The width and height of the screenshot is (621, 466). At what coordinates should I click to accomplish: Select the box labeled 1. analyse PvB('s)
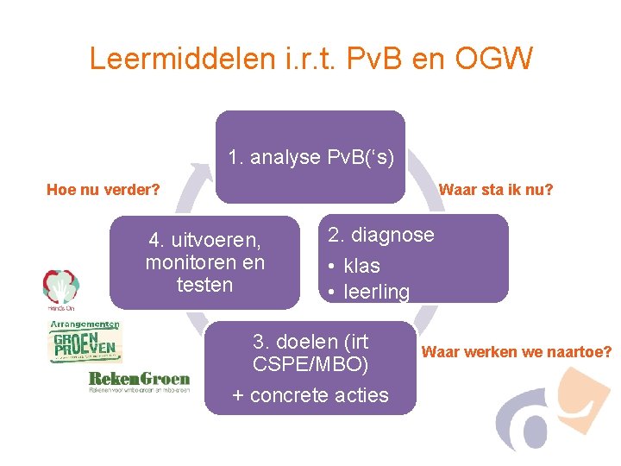point(310,157)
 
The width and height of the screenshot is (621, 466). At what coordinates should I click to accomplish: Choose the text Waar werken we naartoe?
point(516,352)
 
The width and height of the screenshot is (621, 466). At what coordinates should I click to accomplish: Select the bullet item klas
point(361,266)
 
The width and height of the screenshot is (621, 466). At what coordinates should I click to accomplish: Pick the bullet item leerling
point(376,292)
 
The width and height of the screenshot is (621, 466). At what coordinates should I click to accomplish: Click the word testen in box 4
point(205,285)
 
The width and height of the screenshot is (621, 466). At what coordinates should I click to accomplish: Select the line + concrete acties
point(310,395)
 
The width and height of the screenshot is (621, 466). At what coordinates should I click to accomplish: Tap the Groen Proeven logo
point(85,343)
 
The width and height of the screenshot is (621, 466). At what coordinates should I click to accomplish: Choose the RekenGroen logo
point(139,381)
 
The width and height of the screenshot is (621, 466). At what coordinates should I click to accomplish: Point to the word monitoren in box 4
point(205,261)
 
